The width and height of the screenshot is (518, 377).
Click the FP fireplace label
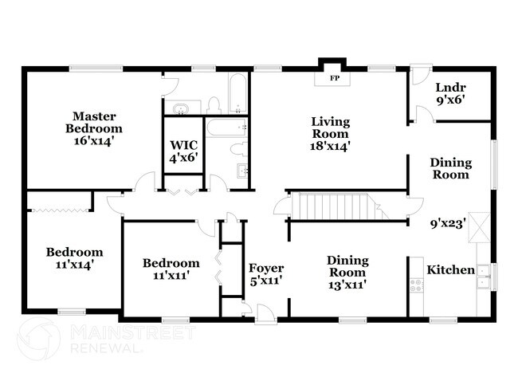(333, 79)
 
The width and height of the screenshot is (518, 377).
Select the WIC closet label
(183, 145)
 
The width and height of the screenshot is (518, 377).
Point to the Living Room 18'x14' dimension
(331, 146)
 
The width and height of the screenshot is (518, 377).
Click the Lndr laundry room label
(450, 88)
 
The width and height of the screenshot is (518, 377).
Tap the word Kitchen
(450, 270)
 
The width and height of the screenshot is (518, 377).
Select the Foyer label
(266, 268)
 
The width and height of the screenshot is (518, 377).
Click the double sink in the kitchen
(482, 273)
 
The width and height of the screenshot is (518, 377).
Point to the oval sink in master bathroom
(180, 108)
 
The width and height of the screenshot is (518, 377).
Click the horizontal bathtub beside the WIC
(227, 127)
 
